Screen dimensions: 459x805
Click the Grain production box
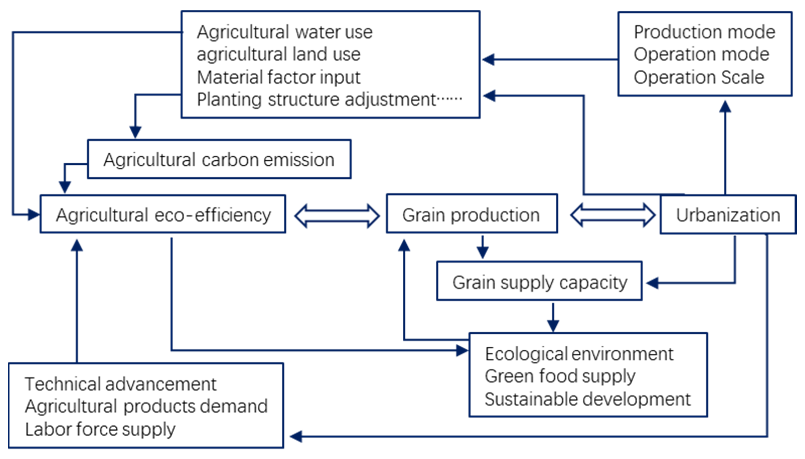click(472, 214)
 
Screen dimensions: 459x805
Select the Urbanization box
click(728, 215)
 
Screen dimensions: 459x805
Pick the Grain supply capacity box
click(539, 282)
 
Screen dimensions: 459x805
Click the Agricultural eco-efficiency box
click(163, 214)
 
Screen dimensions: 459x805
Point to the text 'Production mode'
click(704, 32)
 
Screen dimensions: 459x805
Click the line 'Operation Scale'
click(699, 77)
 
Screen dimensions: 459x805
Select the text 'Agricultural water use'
click(285, 32)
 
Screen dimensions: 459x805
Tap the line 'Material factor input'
click(278, 77)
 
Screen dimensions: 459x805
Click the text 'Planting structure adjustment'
click(316, 100)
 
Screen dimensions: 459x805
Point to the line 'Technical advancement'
click(121, 384)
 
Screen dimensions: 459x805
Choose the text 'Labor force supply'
click(100, 429)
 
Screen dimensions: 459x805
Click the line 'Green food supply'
click(560, 376)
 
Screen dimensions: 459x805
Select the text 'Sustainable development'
click(588, 399)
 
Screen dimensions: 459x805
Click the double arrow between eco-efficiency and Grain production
click(337, 216)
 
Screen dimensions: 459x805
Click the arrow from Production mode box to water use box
click(549, 59)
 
